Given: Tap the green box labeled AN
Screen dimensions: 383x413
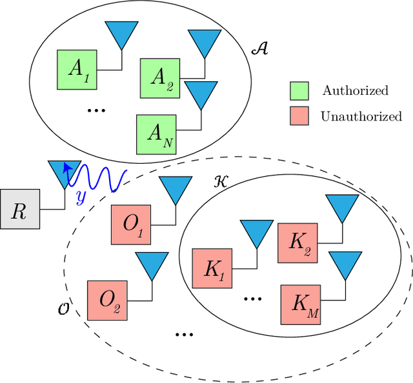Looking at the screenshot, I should coord(156,134).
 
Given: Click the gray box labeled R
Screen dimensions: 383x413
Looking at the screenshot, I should coord(20,210).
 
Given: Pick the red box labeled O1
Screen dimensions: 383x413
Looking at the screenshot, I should coord(131,225).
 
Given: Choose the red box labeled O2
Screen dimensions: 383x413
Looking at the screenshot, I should coord(107,300).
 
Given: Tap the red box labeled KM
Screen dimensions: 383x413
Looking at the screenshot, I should coord(300,306).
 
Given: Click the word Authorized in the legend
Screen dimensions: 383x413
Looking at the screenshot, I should coord(356,90).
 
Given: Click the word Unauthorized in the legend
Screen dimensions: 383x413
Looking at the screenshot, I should coord(361,117).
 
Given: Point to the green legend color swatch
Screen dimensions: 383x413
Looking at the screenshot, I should coord(299,90).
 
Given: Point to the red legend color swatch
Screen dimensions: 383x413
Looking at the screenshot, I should coord(299,117).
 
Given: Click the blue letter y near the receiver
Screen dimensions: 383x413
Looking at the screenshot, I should coord(81,197).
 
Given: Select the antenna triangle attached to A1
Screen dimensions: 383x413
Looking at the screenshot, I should coord(119,35).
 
